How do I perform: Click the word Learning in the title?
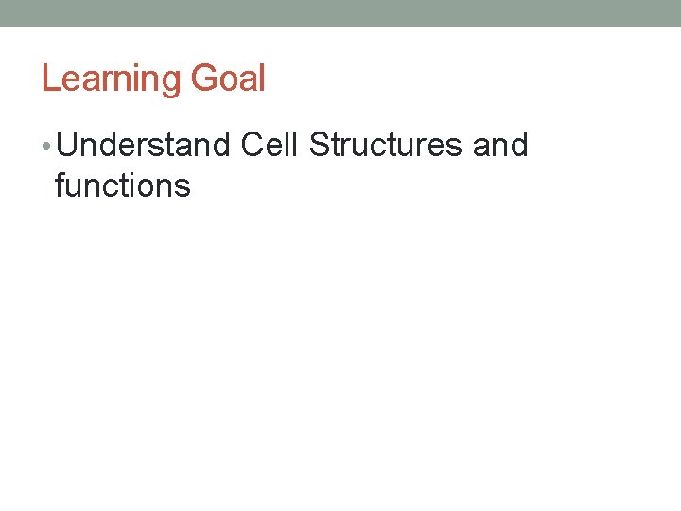click(x=111, y=79)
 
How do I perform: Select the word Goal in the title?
click(x=228, y=79)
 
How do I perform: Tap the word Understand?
click(x=149, y=146)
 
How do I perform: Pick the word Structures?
click(x=384, y=146)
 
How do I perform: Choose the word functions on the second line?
click(x=123, y=185)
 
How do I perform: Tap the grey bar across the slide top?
click(x=340, y=13)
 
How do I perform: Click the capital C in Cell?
click(x=253, y=146)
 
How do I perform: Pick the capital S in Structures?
click(x=319, y=146)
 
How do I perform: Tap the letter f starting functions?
click(x=61, y=185)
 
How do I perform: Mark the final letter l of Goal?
click(x=262, y=79)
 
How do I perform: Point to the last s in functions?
click(x=183, y=187)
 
